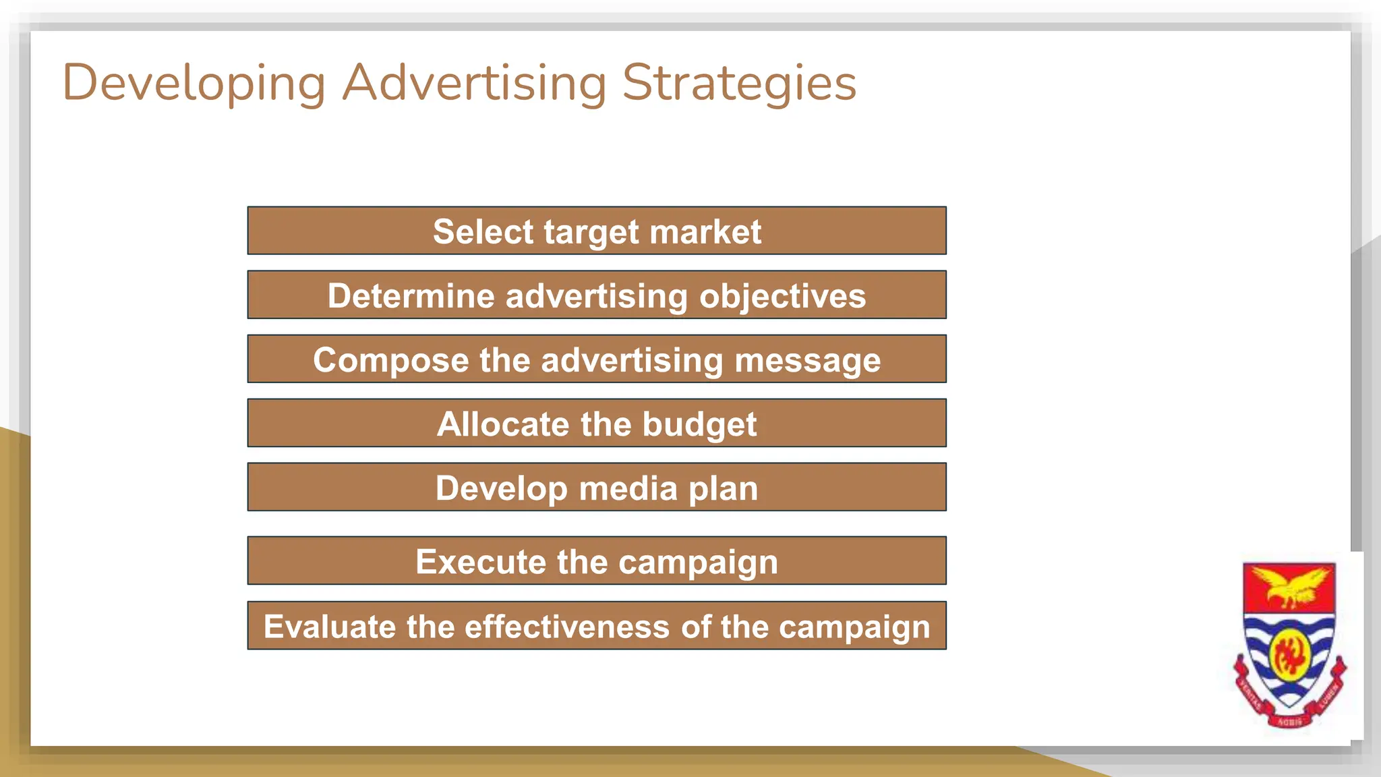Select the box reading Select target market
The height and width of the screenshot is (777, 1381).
pyautogui.click(x=597, y=231)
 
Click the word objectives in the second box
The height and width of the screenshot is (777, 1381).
pyautogui.click(x=782, y=296)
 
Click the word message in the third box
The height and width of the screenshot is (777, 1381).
pyautogui.click(x=807, y=360)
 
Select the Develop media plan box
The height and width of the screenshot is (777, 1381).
pyautogui.click(x=597, y=488)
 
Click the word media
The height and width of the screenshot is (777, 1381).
pyautogui.click(x=628, y=488)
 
